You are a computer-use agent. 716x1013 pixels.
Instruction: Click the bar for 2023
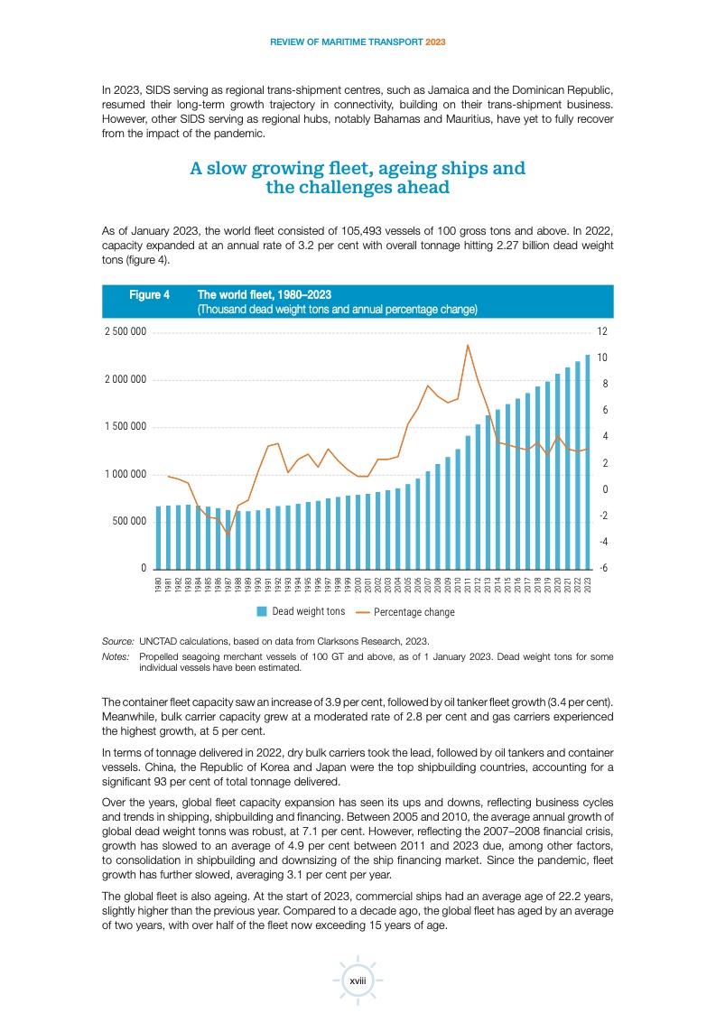coord(588,462)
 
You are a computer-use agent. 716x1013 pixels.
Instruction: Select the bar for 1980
coord(158,537)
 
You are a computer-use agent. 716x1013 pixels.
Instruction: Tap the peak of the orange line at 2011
coord(468,345)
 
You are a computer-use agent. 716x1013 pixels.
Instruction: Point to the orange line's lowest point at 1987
coord(228,534)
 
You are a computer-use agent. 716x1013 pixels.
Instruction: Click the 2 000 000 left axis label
coord(126,379)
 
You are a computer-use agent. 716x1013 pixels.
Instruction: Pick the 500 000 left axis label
coord(129,521)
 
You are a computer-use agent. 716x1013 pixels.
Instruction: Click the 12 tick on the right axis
coord(602,331)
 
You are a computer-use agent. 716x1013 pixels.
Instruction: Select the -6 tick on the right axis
coord(603,568)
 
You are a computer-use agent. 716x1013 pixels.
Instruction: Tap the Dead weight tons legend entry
coord(302,611)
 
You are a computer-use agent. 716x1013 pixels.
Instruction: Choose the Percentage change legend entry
coord(405,612)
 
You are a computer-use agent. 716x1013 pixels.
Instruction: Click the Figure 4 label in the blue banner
coord(149,294)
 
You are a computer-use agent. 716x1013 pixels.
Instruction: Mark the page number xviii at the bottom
coord(358,980)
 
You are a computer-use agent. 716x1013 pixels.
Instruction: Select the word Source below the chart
coord(117,642)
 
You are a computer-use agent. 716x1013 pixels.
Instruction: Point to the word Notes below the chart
coord(116,656)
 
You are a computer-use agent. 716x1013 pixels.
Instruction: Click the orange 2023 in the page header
coord(435,42)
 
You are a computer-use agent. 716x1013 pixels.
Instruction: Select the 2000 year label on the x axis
coord(358,585)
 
